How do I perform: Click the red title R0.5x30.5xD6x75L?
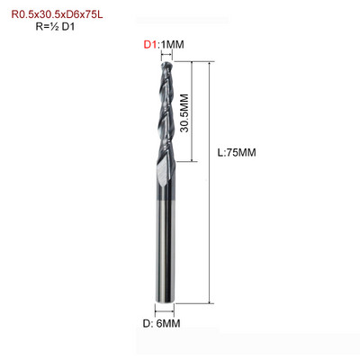tap(57, 14)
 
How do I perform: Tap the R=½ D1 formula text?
tap(55, 27)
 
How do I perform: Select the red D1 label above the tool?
tap(150, 45)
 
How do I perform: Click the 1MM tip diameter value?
tap(172, 45)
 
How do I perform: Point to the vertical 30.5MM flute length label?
tap(184, 112)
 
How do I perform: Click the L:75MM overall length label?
tap(237, 153)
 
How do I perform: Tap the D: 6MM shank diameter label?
tap(161, 323)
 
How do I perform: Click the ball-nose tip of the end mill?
tap(166, 64)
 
